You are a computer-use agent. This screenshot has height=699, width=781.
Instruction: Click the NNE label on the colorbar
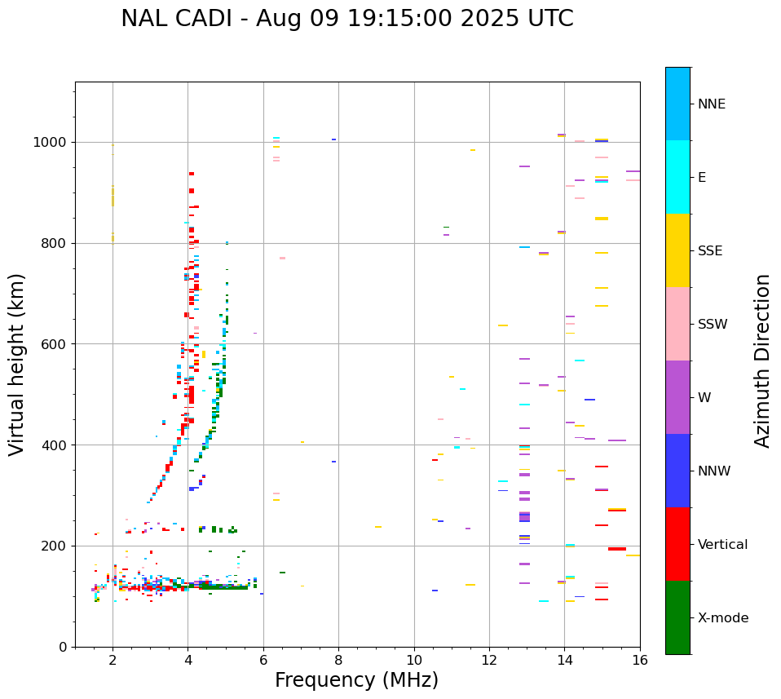[711, 104]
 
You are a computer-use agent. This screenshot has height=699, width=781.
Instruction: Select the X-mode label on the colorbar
[723, 618]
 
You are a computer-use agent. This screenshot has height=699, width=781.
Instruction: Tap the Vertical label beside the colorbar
[722, 545]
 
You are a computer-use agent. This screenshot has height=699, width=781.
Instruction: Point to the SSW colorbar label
[713, 325]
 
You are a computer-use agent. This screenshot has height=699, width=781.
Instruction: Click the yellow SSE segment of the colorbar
[677, 250]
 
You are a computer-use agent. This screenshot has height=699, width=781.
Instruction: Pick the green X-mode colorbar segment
[677, 617]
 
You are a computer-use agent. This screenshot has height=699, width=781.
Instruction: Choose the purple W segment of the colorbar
[677, 397]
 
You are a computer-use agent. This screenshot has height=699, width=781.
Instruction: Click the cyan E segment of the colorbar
[677, 177]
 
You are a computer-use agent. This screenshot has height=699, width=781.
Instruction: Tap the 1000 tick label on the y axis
[51, 143]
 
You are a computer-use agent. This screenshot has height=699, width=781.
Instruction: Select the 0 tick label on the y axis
[64, 647]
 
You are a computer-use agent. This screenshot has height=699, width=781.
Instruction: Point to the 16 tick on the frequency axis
[640, 661]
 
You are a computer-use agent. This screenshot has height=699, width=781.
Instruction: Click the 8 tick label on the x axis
[338, 661]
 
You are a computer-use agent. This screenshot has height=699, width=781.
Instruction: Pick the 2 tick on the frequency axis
[113, 661]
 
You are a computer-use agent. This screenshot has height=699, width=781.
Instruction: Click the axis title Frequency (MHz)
[356, 680]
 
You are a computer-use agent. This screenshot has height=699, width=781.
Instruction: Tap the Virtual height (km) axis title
[18, 365]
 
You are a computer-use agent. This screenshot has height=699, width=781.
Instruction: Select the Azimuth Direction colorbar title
[762, 361]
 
